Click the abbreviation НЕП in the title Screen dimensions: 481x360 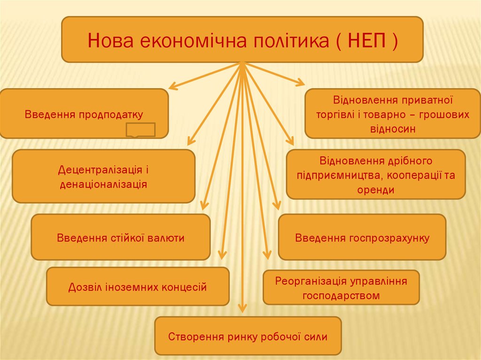[x=367, y=40]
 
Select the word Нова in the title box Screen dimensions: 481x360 [x=111, y=40]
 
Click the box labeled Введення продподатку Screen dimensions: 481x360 [x=84, y=114]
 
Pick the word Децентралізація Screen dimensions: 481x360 [x=101, y=169]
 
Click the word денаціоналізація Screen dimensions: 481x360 [x=103, y=184]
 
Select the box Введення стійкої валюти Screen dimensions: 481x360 [x=121, y=237]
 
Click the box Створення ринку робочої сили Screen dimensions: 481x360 [x=248, y=336]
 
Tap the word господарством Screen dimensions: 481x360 [x=341, y=296]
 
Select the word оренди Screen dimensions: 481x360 [x=376, y=190]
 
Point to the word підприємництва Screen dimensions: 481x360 [x=340, y=176]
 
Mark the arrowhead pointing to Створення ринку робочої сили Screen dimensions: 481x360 [x=242, y=307]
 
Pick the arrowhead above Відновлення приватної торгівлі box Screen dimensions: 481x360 [x=300, y=82]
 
